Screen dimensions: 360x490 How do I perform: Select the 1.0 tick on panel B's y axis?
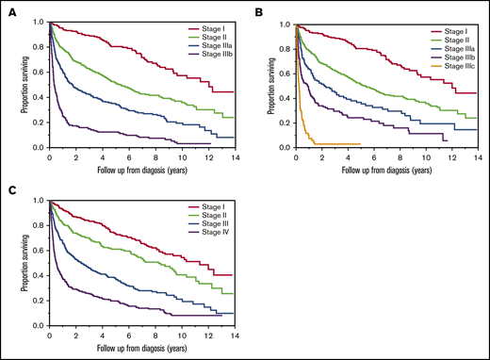pos(286,24)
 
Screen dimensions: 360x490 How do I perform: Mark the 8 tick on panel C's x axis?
pos(155,334)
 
